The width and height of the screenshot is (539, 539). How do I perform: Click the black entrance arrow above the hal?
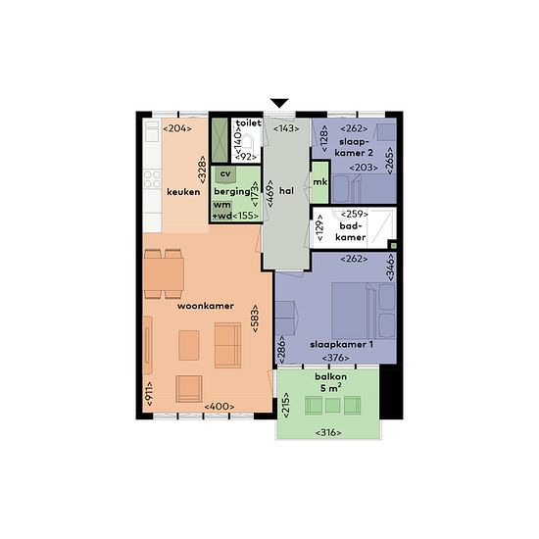click(278, 103)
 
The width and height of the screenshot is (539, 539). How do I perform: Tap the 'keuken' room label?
click(183, 192)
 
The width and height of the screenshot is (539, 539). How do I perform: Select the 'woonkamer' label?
click(206, 306)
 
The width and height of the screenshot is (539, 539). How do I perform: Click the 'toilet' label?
click(249, 122)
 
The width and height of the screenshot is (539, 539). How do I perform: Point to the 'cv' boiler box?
click(225, 175)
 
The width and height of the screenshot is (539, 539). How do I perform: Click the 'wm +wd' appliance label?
click(222, 210)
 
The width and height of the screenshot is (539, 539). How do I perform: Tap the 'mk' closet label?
click(320, 182)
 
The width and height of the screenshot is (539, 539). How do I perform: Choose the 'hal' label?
click(286, 190)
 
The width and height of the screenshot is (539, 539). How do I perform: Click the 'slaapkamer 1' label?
click(341, 344)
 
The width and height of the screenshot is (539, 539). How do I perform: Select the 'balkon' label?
click(330, 376)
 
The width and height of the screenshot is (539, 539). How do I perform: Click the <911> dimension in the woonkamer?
click(149, 393)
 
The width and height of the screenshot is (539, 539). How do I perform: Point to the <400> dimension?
click(220, 407)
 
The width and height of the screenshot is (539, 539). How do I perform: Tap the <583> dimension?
click(256, 318)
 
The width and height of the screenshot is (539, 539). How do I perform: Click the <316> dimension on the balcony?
click(328, 432)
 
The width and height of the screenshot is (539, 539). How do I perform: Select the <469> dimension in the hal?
click(270, 193)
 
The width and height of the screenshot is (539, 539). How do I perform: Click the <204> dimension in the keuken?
click(177, 128)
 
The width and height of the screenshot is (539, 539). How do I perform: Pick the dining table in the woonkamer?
click(164, 274)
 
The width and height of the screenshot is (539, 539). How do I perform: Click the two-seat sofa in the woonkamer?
click(227, 345)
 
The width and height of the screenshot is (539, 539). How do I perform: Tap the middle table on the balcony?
click(332, 405)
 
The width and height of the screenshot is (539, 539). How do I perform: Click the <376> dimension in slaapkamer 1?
click(335, 358)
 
